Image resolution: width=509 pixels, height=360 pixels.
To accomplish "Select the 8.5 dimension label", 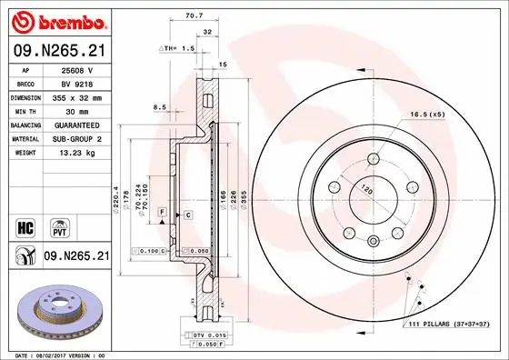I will click(160, 107).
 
